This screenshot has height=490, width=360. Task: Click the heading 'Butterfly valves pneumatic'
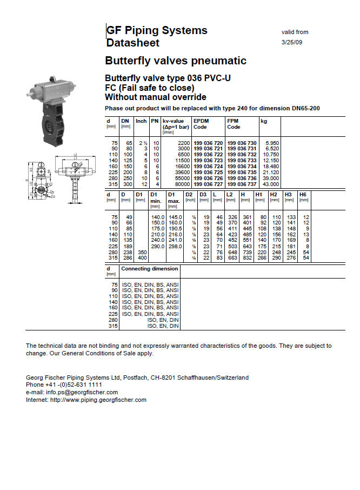176,61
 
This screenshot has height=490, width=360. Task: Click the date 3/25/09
292,42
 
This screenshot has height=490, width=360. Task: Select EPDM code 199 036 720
208,142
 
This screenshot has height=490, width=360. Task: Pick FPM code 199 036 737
242,184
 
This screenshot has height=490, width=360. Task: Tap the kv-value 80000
182,184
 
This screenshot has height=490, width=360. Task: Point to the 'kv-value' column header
174,121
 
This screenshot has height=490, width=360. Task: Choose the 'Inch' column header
141,121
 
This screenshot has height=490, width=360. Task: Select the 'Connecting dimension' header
149,269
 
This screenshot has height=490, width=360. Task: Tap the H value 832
247,258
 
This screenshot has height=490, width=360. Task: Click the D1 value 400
141,258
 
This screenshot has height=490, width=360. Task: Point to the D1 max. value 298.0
175,246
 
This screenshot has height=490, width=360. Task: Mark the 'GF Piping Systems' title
157,30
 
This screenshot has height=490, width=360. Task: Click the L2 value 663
232,258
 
